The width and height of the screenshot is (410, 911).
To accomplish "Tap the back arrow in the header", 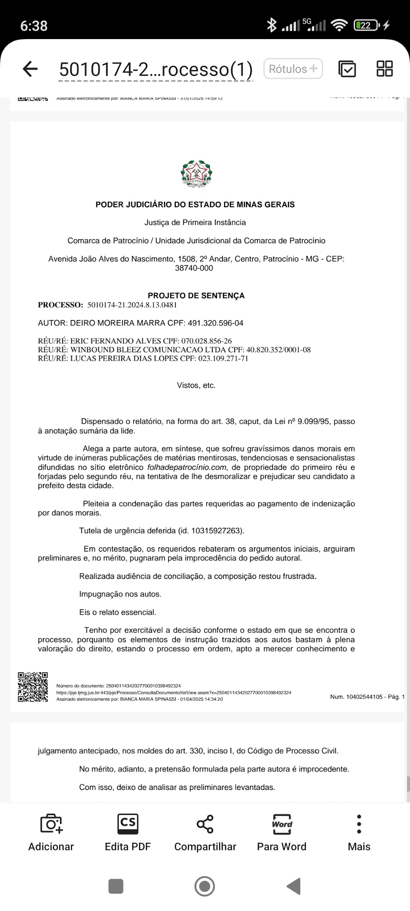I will click(30, 69).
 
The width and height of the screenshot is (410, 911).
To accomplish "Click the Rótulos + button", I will click(293, 69).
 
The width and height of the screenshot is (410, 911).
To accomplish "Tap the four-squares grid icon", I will click(384, 69).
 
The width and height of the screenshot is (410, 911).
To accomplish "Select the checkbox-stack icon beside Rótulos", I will click(347, 69).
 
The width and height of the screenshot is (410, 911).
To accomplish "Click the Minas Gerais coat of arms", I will click(196, 173).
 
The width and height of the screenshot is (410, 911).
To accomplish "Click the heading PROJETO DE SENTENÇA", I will click(196, 296).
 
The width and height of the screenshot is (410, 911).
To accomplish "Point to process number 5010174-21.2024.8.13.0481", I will click(132, 305).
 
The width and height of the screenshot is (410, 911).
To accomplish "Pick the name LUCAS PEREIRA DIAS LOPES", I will click(124, 359).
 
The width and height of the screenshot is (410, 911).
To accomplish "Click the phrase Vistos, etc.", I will click(196, 385).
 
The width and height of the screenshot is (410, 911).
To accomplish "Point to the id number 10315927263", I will click(217, 531).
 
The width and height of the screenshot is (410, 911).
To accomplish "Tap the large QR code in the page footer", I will click(32, 687).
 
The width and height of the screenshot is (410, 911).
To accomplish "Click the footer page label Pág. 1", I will click(396, 697).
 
